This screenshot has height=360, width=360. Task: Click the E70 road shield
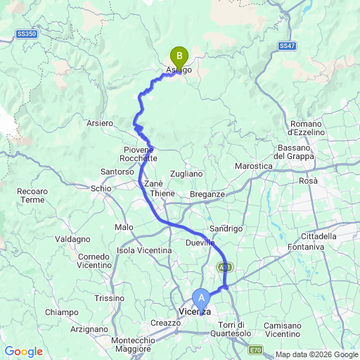(257, 349)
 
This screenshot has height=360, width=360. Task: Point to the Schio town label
(101, 188)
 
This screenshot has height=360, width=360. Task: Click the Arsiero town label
(99, 124)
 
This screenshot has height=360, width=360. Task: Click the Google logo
(23, 352)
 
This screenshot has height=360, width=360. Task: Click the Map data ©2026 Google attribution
(316, 354)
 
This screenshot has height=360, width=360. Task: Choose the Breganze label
(207, 195)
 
